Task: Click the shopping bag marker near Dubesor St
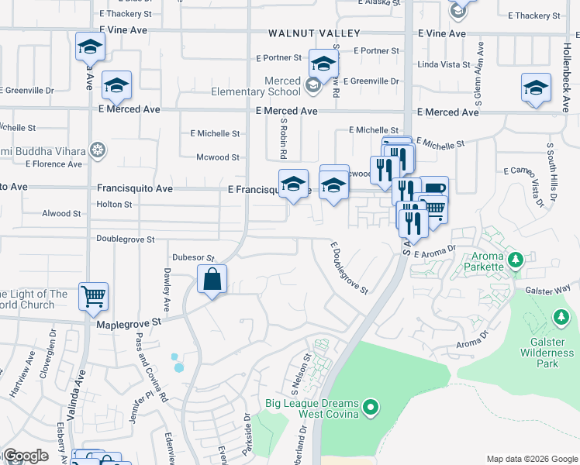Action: [x=212, y=279]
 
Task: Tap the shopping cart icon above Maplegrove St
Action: [x=93, y=295]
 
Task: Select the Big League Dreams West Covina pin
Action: [x=371, y=406]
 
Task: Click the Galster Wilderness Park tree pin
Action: [x=561, y=317]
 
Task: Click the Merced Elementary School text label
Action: [x=256, y=86]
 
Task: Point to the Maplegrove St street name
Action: [x=128, y=322]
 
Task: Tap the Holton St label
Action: [x=114, y=205]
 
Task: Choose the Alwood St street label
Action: [x=61, y=213]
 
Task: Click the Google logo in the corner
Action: [x=25, y=456]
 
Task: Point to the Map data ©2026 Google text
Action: [x=531, y=459]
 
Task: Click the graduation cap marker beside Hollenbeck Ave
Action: [x=535, y=89]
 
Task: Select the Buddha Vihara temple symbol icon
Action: [x=98, y=150]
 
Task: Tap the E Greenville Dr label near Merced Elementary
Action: [x=371, y=81]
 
